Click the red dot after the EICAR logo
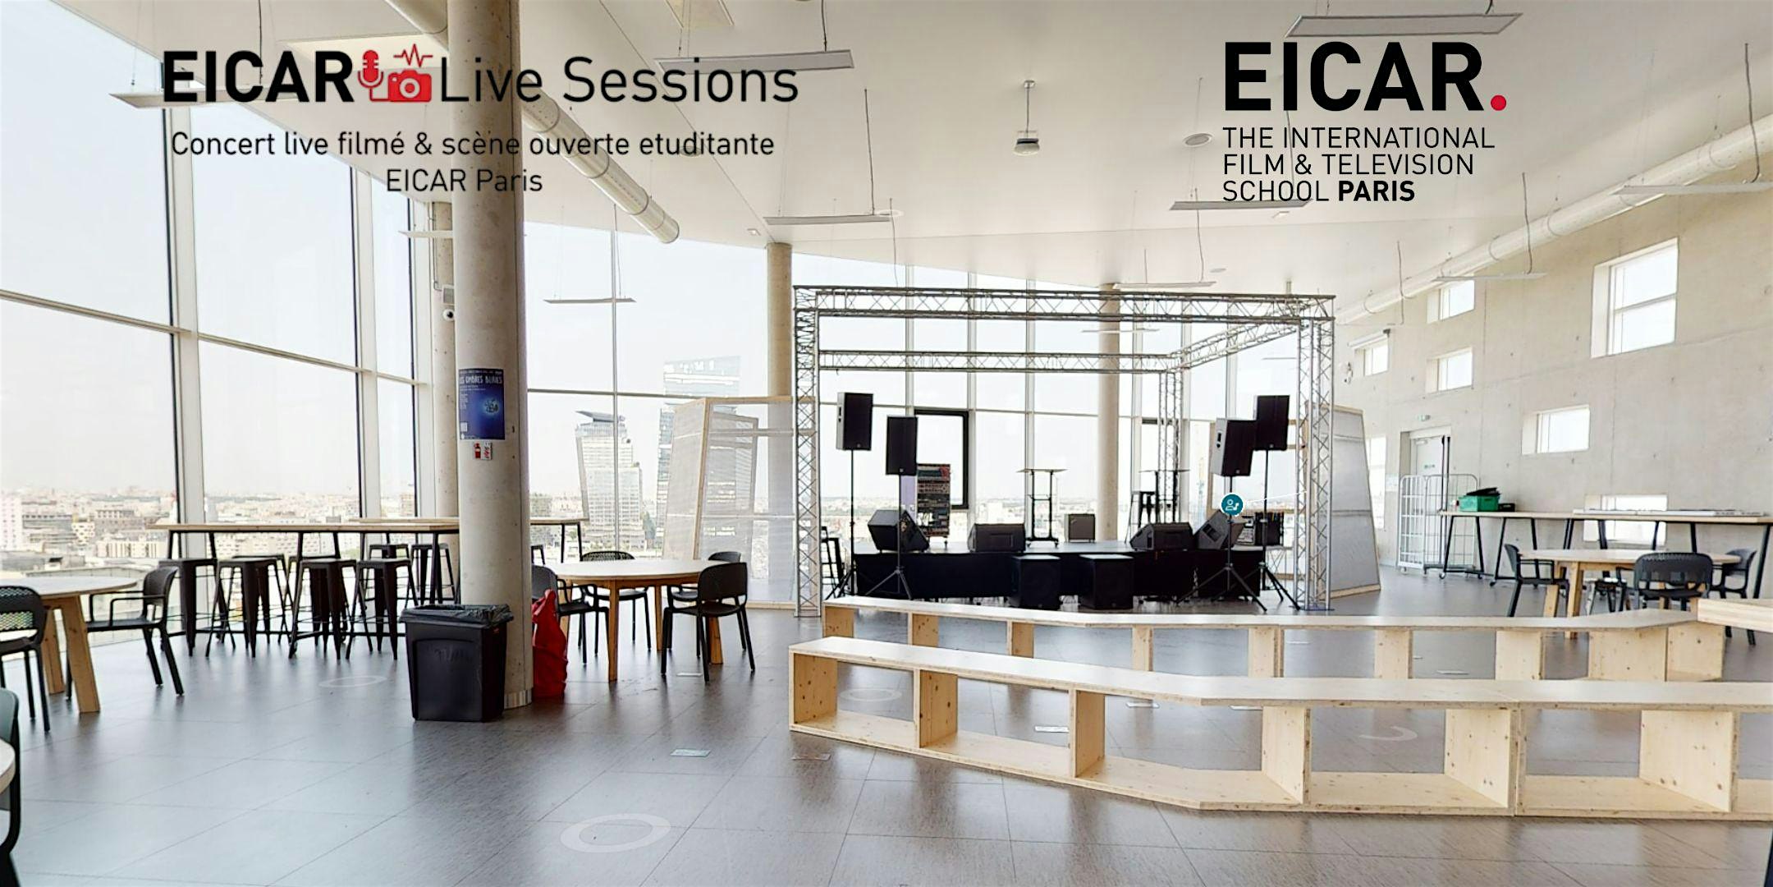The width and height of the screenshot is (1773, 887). (1498, 102)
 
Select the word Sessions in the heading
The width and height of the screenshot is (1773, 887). (680, 82)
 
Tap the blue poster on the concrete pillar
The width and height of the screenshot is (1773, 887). (481, 403)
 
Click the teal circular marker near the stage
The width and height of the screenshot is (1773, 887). (1231, 504)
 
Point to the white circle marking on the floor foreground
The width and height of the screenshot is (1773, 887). (615, 832)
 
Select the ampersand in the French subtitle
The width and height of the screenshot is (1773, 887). (424, 145)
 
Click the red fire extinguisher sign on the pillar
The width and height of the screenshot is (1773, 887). (485, 451)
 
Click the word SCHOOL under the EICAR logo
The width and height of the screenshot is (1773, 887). (1275, 191)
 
